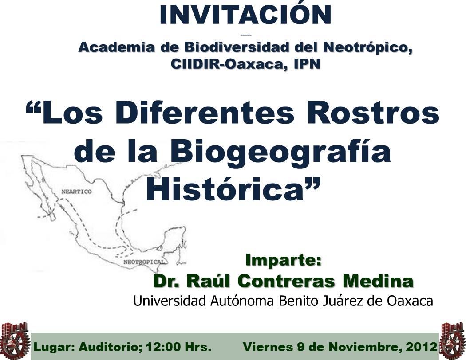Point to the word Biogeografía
pyautogui.click(x=281, y=153)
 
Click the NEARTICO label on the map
pyautogui.click(x=76, y=192)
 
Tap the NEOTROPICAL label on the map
pyautogui.click(x=144, y=262)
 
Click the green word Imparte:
pyautogui.click(x=284, y=260)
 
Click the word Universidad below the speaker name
pyautogui.click(x=170, y=301)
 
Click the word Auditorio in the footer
pyautogui.click(x=111, y=347)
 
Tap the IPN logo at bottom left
pyautogui.click(x=15, y=340)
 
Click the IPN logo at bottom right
pyautogui.click(x=453, y=340)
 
